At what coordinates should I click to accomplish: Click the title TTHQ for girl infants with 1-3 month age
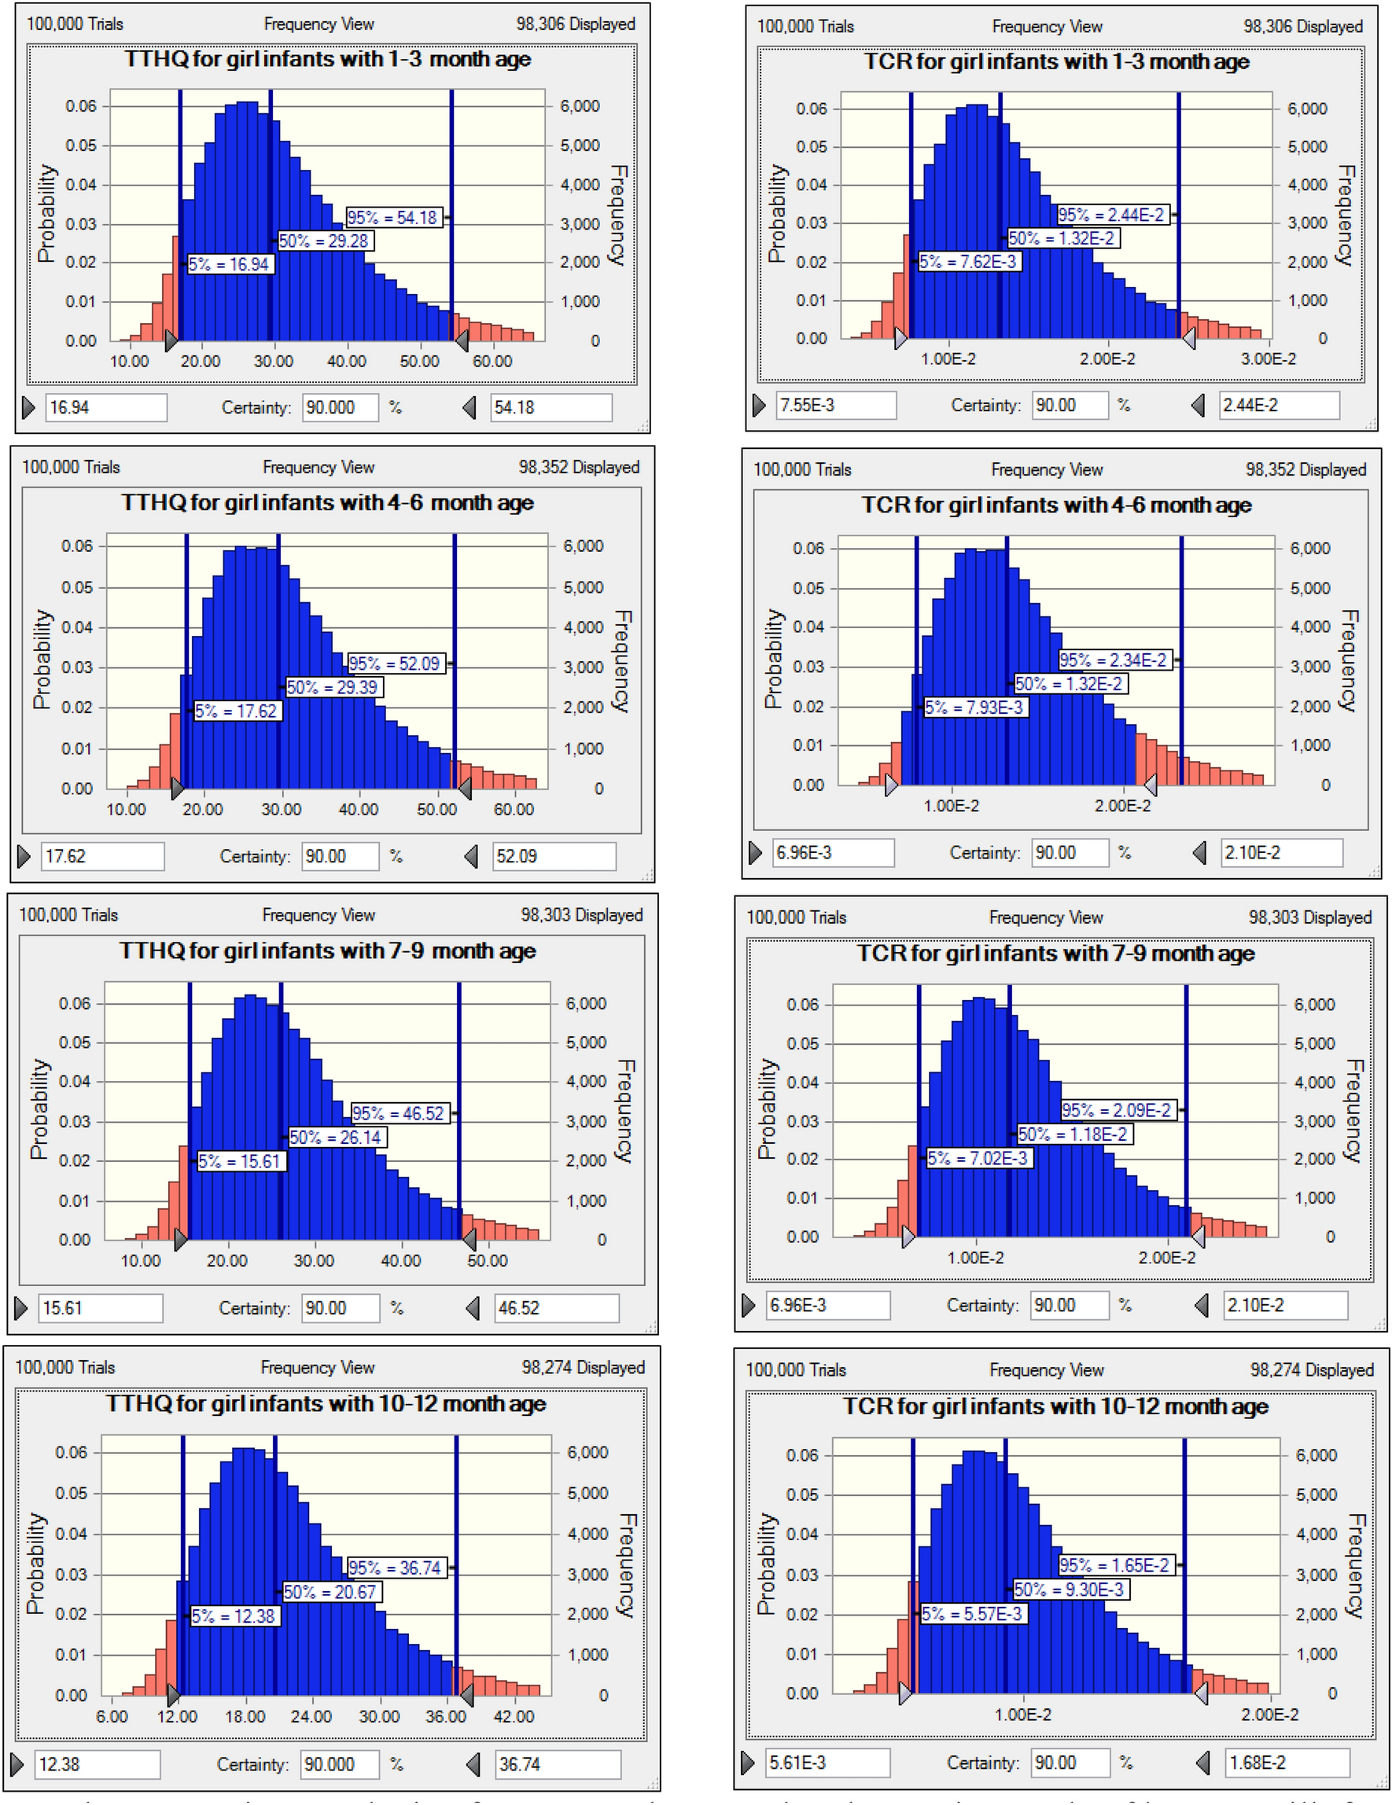click(x=327, y=60)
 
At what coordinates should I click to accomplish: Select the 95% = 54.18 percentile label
click(x=392, y=217)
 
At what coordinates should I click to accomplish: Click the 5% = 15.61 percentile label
click(x=240, y=1160)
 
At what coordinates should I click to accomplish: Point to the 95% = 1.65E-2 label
click(x=1115, y=1564)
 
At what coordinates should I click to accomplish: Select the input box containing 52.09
click(x=552, y=856)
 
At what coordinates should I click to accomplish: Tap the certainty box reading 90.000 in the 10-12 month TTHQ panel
click(x=338, y=1763)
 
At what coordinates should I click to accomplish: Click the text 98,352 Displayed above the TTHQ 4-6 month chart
click(x=579, y=467)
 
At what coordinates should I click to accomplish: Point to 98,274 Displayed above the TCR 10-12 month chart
click(x=1311, y=1369)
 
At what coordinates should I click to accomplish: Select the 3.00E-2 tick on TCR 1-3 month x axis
click(x=1268, y=358)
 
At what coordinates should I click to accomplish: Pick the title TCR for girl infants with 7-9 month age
click(x=1055, y=953)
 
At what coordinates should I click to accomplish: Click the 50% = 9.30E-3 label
click(x=1070, y=1589)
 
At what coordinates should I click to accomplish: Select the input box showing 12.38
click(x=96, y=1763)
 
